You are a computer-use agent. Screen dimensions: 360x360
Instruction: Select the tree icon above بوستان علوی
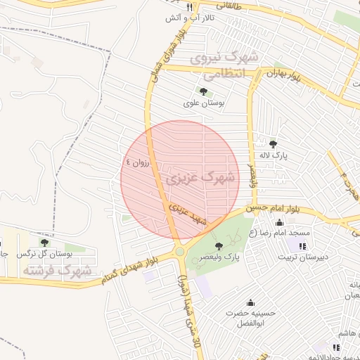pos(203,91)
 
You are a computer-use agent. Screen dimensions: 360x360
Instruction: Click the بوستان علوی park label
pos(203,103)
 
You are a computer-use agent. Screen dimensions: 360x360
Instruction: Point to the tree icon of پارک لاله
pos(274,143)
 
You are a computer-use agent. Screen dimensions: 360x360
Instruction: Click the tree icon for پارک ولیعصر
pos(219,245)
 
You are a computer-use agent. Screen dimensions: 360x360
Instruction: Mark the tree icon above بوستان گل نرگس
pos(44,242)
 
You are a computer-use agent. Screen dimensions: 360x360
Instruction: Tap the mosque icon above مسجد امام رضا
pos(279,223)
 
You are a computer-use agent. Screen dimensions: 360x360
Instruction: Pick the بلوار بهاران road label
pos(289,77)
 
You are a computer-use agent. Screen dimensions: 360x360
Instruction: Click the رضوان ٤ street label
pos(138,161)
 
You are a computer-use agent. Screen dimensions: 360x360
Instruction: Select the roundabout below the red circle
pos(179,251)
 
